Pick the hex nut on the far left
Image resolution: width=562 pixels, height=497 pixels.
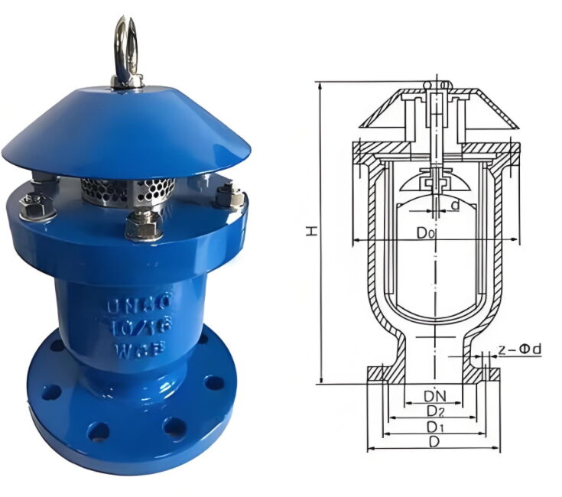pyautogui.click(x=34, y=204)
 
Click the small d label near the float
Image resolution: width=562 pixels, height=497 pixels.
pyautogui.click(x=455, y=205)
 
